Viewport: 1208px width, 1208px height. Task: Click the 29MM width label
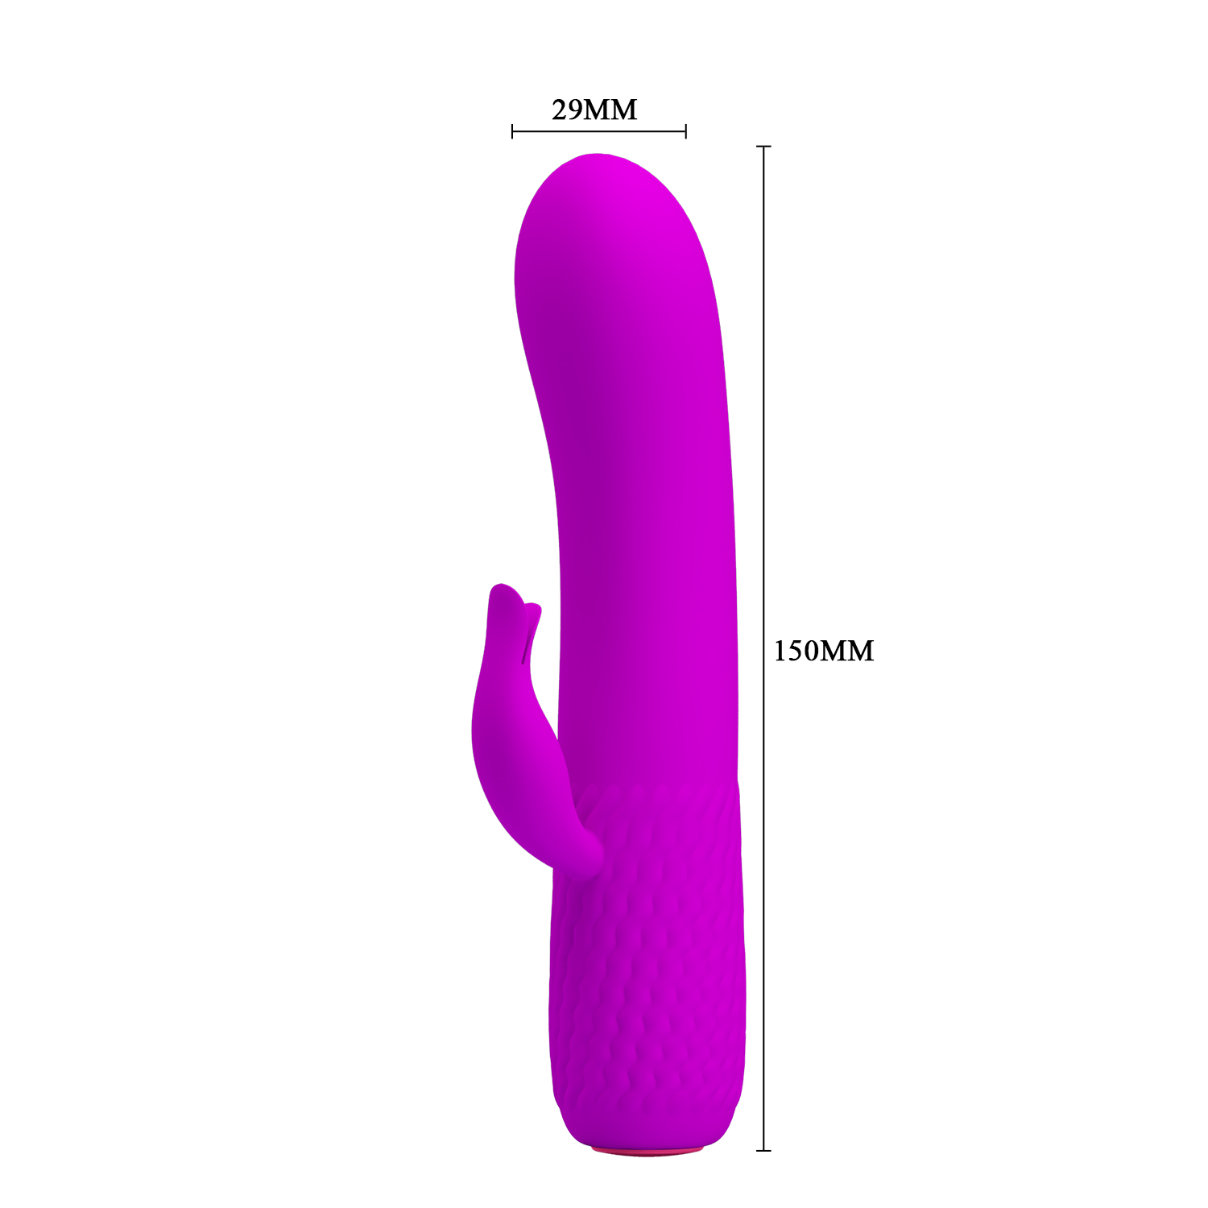594,110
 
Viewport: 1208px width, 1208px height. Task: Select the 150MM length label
823,651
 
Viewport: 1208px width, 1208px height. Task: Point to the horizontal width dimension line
598,131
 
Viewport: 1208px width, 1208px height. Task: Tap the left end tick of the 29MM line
512,131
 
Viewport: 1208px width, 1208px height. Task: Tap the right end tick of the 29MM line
685,131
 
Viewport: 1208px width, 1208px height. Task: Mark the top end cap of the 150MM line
764,147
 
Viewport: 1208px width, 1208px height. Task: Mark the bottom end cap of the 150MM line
764,1150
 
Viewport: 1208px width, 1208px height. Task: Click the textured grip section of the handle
648,966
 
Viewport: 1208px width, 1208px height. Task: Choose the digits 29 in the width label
567,110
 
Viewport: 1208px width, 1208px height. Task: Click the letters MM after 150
847,651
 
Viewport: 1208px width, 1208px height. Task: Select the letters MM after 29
612,110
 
